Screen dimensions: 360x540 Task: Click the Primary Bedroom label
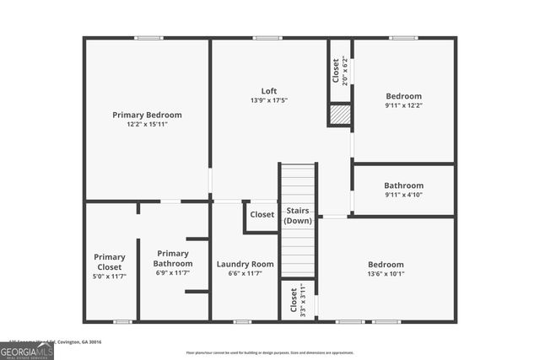147,115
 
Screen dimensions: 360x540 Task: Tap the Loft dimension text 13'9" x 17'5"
269,100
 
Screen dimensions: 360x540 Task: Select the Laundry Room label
245,264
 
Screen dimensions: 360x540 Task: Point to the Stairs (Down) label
298,215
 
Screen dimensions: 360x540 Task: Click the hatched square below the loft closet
339,115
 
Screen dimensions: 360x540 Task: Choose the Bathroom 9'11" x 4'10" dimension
403,195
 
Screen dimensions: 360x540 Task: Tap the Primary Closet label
110,261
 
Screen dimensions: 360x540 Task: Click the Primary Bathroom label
172,258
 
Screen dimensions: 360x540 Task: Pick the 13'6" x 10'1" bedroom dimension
386,273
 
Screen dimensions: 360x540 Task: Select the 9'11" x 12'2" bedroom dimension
403,105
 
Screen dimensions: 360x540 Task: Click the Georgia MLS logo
27,349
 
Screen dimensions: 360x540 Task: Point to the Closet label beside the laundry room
262,214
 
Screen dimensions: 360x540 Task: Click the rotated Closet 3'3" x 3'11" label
298,299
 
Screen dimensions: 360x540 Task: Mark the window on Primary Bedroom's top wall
148,38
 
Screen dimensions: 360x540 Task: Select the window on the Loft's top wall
267,38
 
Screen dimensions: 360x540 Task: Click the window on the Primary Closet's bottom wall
123,321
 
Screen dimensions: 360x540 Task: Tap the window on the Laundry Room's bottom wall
242,321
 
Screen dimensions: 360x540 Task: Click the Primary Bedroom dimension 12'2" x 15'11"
147,125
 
